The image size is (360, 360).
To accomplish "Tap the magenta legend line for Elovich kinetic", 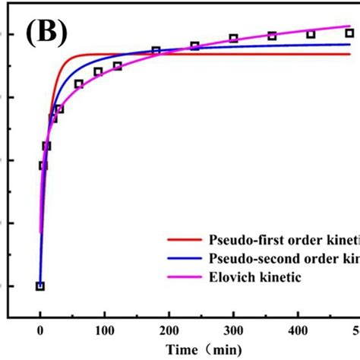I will pyautogui.click(x=185, y=277).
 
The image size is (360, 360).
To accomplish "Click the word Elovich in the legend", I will pyautogui.click(x=230, y=277).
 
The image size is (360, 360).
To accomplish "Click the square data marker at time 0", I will pyautogui.click(x=40, y=286).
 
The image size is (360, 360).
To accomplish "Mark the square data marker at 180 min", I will pyautogui.click(x=156, y=51).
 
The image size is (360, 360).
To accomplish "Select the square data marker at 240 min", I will pyautogui.click(x=194, y=46).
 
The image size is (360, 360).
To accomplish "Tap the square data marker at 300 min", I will pyautogui.click(x=233, y=38).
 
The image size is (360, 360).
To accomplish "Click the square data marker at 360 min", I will pyautogui.click(x=272, y=36).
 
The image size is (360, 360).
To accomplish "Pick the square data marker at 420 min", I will pyautogui.click(x=311, y=34).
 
